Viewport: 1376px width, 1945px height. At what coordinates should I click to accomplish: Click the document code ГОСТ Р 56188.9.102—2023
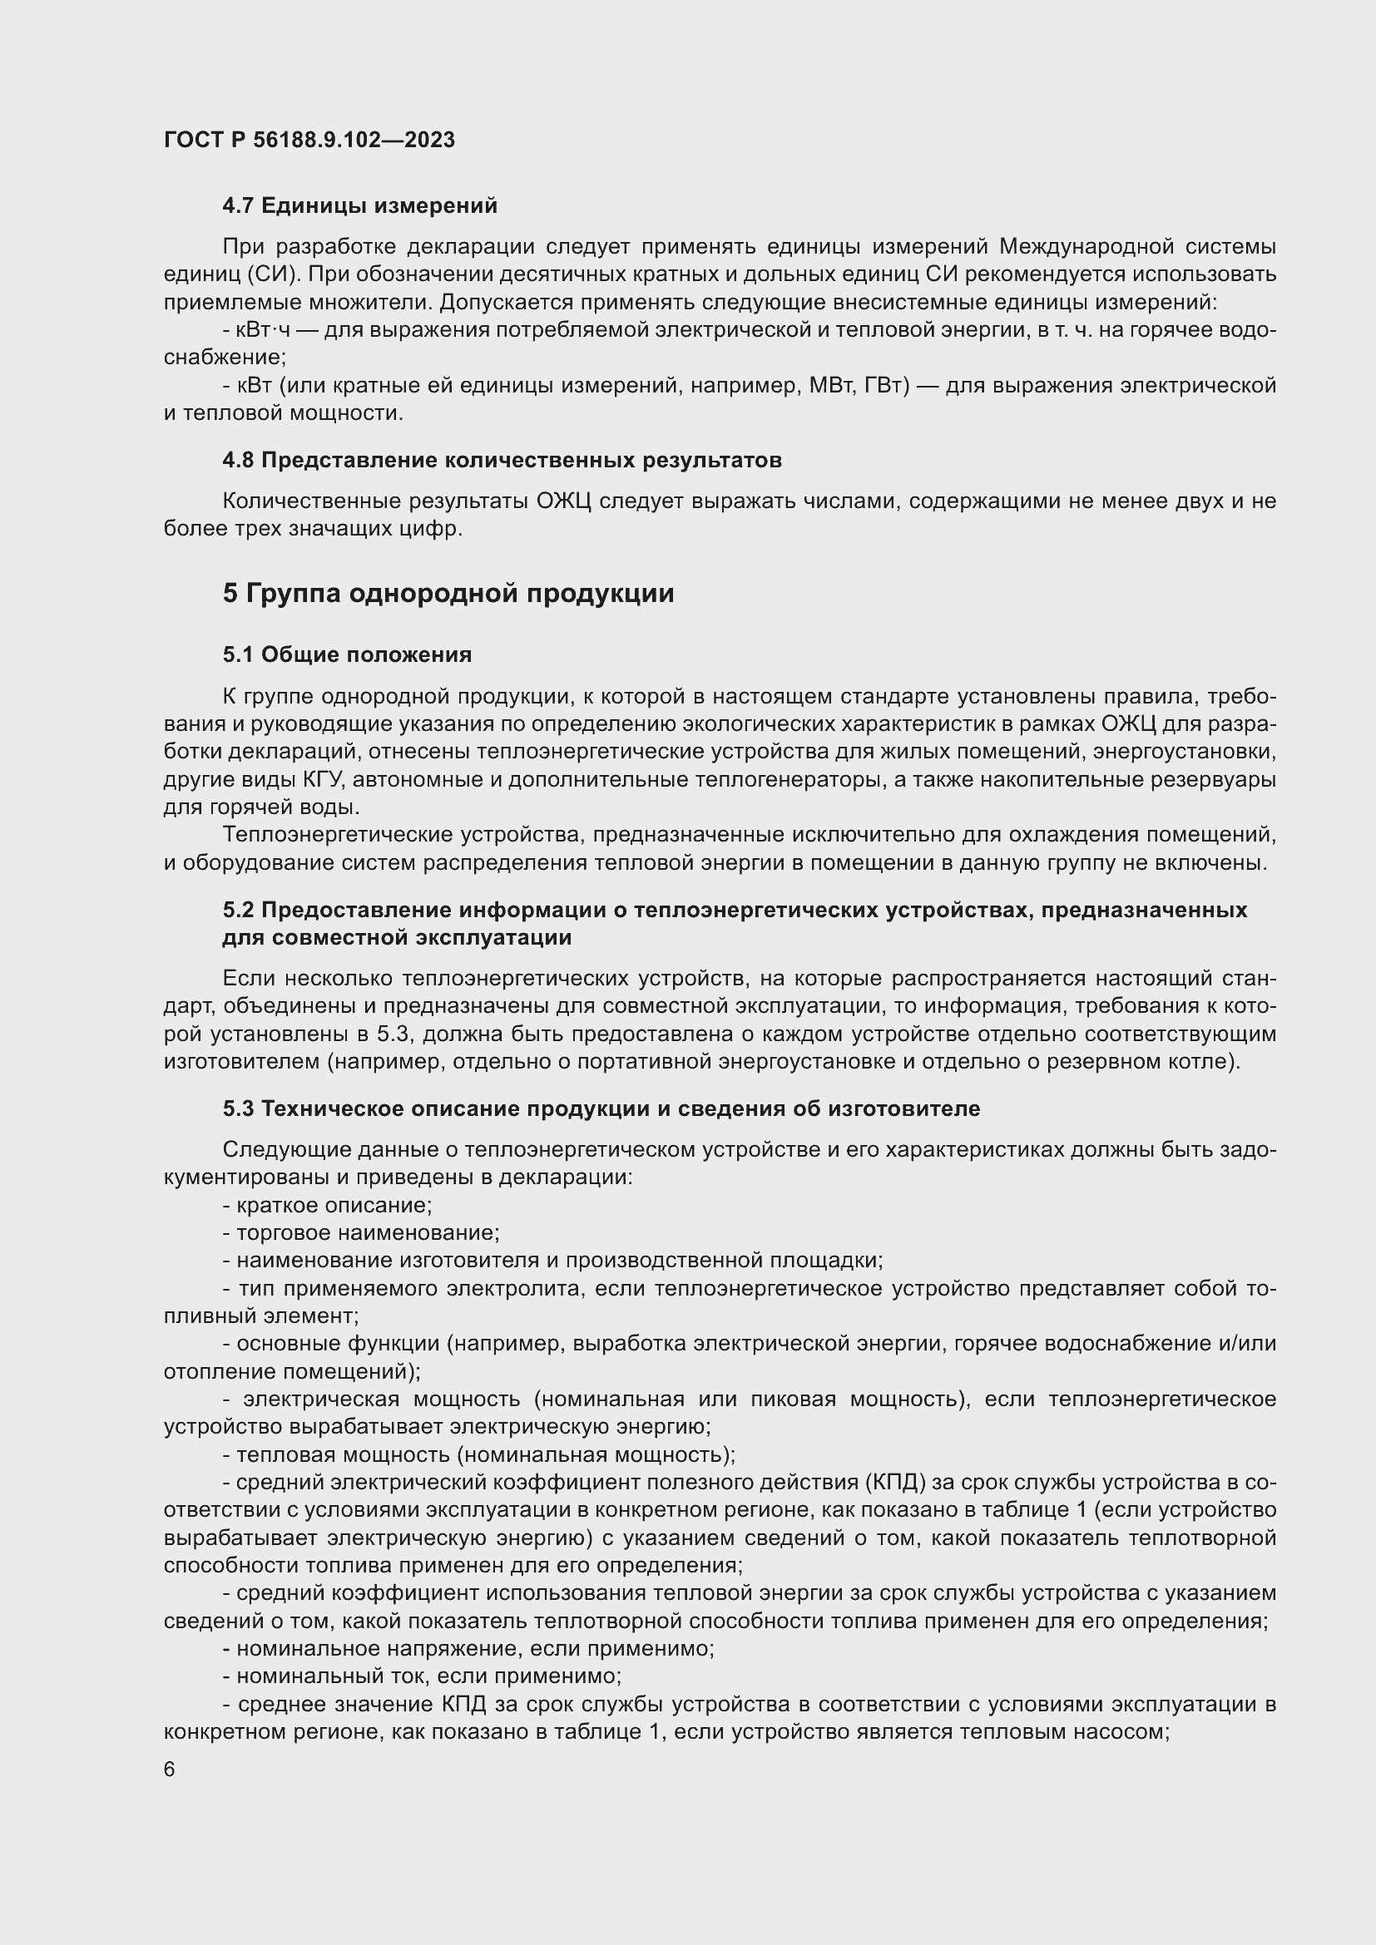coord(309,140)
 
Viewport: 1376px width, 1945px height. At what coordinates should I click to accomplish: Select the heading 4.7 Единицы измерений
coord(359,206)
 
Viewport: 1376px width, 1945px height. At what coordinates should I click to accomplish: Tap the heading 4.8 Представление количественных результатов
coord(502,460)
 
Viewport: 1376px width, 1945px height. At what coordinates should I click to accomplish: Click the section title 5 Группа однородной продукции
coord(448,594)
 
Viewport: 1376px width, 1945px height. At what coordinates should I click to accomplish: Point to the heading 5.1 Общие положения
coord(348,654)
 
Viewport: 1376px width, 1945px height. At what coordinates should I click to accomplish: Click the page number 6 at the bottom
coord(170,1769)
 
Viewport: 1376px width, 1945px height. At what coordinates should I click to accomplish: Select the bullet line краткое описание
coord(328,1206)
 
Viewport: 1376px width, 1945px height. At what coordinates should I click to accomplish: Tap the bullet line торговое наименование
coord(361,1232)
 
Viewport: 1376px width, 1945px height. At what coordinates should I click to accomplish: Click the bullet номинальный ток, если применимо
coord(422,1676)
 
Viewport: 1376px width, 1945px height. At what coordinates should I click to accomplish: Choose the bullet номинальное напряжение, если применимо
coord(468,1648)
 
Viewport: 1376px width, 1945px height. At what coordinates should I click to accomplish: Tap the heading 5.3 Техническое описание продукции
coord(601,1108)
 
